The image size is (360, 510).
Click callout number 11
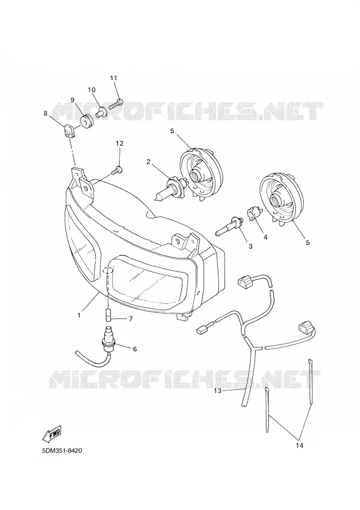(x=113, y=78)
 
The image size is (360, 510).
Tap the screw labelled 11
(x=116, y=104)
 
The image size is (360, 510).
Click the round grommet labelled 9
(x=87, y=121)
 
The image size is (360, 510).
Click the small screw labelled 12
(x=117, y=171)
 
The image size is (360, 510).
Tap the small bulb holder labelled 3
(x=230, y=226)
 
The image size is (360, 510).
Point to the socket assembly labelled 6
(x=98, y=348)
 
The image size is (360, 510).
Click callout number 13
(x=218, y=390)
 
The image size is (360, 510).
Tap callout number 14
(x=299, y=445)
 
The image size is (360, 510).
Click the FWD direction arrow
(x=53, y=433)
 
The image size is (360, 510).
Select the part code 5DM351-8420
(x=62, y=451)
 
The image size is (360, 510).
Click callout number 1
(x=79, y=315)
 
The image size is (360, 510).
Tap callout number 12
(x=120, y=143)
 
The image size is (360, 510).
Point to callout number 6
(x=134, y=349)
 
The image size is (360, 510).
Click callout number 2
(x=149, y=161)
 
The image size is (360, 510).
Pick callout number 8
(x=45, y=113)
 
